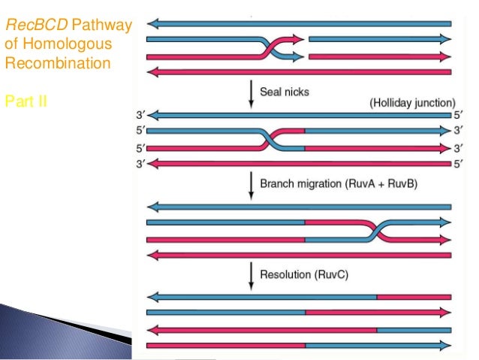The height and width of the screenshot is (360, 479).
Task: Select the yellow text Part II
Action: click(x=26, y=100)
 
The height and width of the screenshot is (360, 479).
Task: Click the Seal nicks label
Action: click(x=285, y=92)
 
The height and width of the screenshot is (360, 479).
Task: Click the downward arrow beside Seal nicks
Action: click(x=251, y=94)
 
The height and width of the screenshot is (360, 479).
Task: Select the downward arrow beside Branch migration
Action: click(x=251, y=184)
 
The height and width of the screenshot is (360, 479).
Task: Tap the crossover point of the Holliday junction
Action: click(x=273, y=140)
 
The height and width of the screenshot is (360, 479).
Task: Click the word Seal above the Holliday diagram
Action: click(x=270, y=92)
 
